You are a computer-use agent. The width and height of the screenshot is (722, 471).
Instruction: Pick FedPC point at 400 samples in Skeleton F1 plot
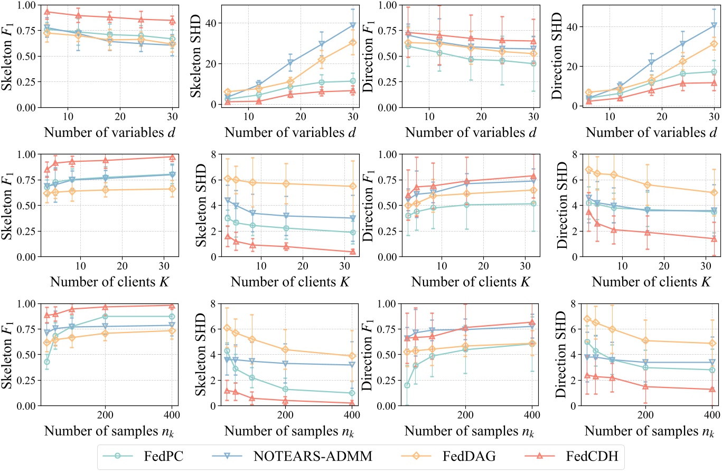coord(172,316)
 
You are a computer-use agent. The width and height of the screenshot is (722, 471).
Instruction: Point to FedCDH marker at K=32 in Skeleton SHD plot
coord(352,252)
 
